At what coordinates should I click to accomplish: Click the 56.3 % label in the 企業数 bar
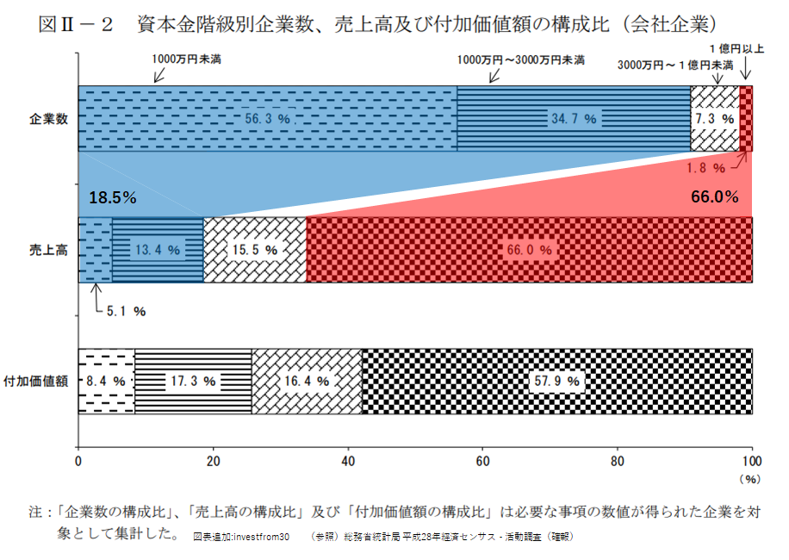click(266, 119)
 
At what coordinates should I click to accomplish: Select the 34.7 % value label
click(574, 119)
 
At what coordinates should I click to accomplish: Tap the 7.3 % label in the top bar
click(715, 119)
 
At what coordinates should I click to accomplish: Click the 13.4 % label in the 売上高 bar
click(157, 250)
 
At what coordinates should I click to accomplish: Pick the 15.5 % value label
click(255, 250)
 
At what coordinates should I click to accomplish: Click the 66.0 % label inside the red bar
click(530, 250)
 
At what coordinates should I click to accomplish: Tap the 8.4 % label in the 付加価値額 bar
click(107, 380)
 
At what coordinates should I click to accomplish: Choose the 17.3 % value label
click(194, 380)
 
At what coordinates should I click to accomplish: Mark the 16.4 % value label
click(308, 380)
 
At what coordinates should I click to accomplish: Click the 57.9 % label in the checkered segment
click(557, 380)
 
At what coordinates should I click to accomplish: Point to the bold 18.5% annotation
click(113, 197)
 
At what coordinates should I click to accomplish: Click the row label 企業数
click(47, 119)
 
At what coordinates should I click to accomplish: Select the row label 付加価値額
click(35, 381)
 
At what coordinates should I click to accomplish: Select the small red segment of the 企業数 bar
click(746, 119)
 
